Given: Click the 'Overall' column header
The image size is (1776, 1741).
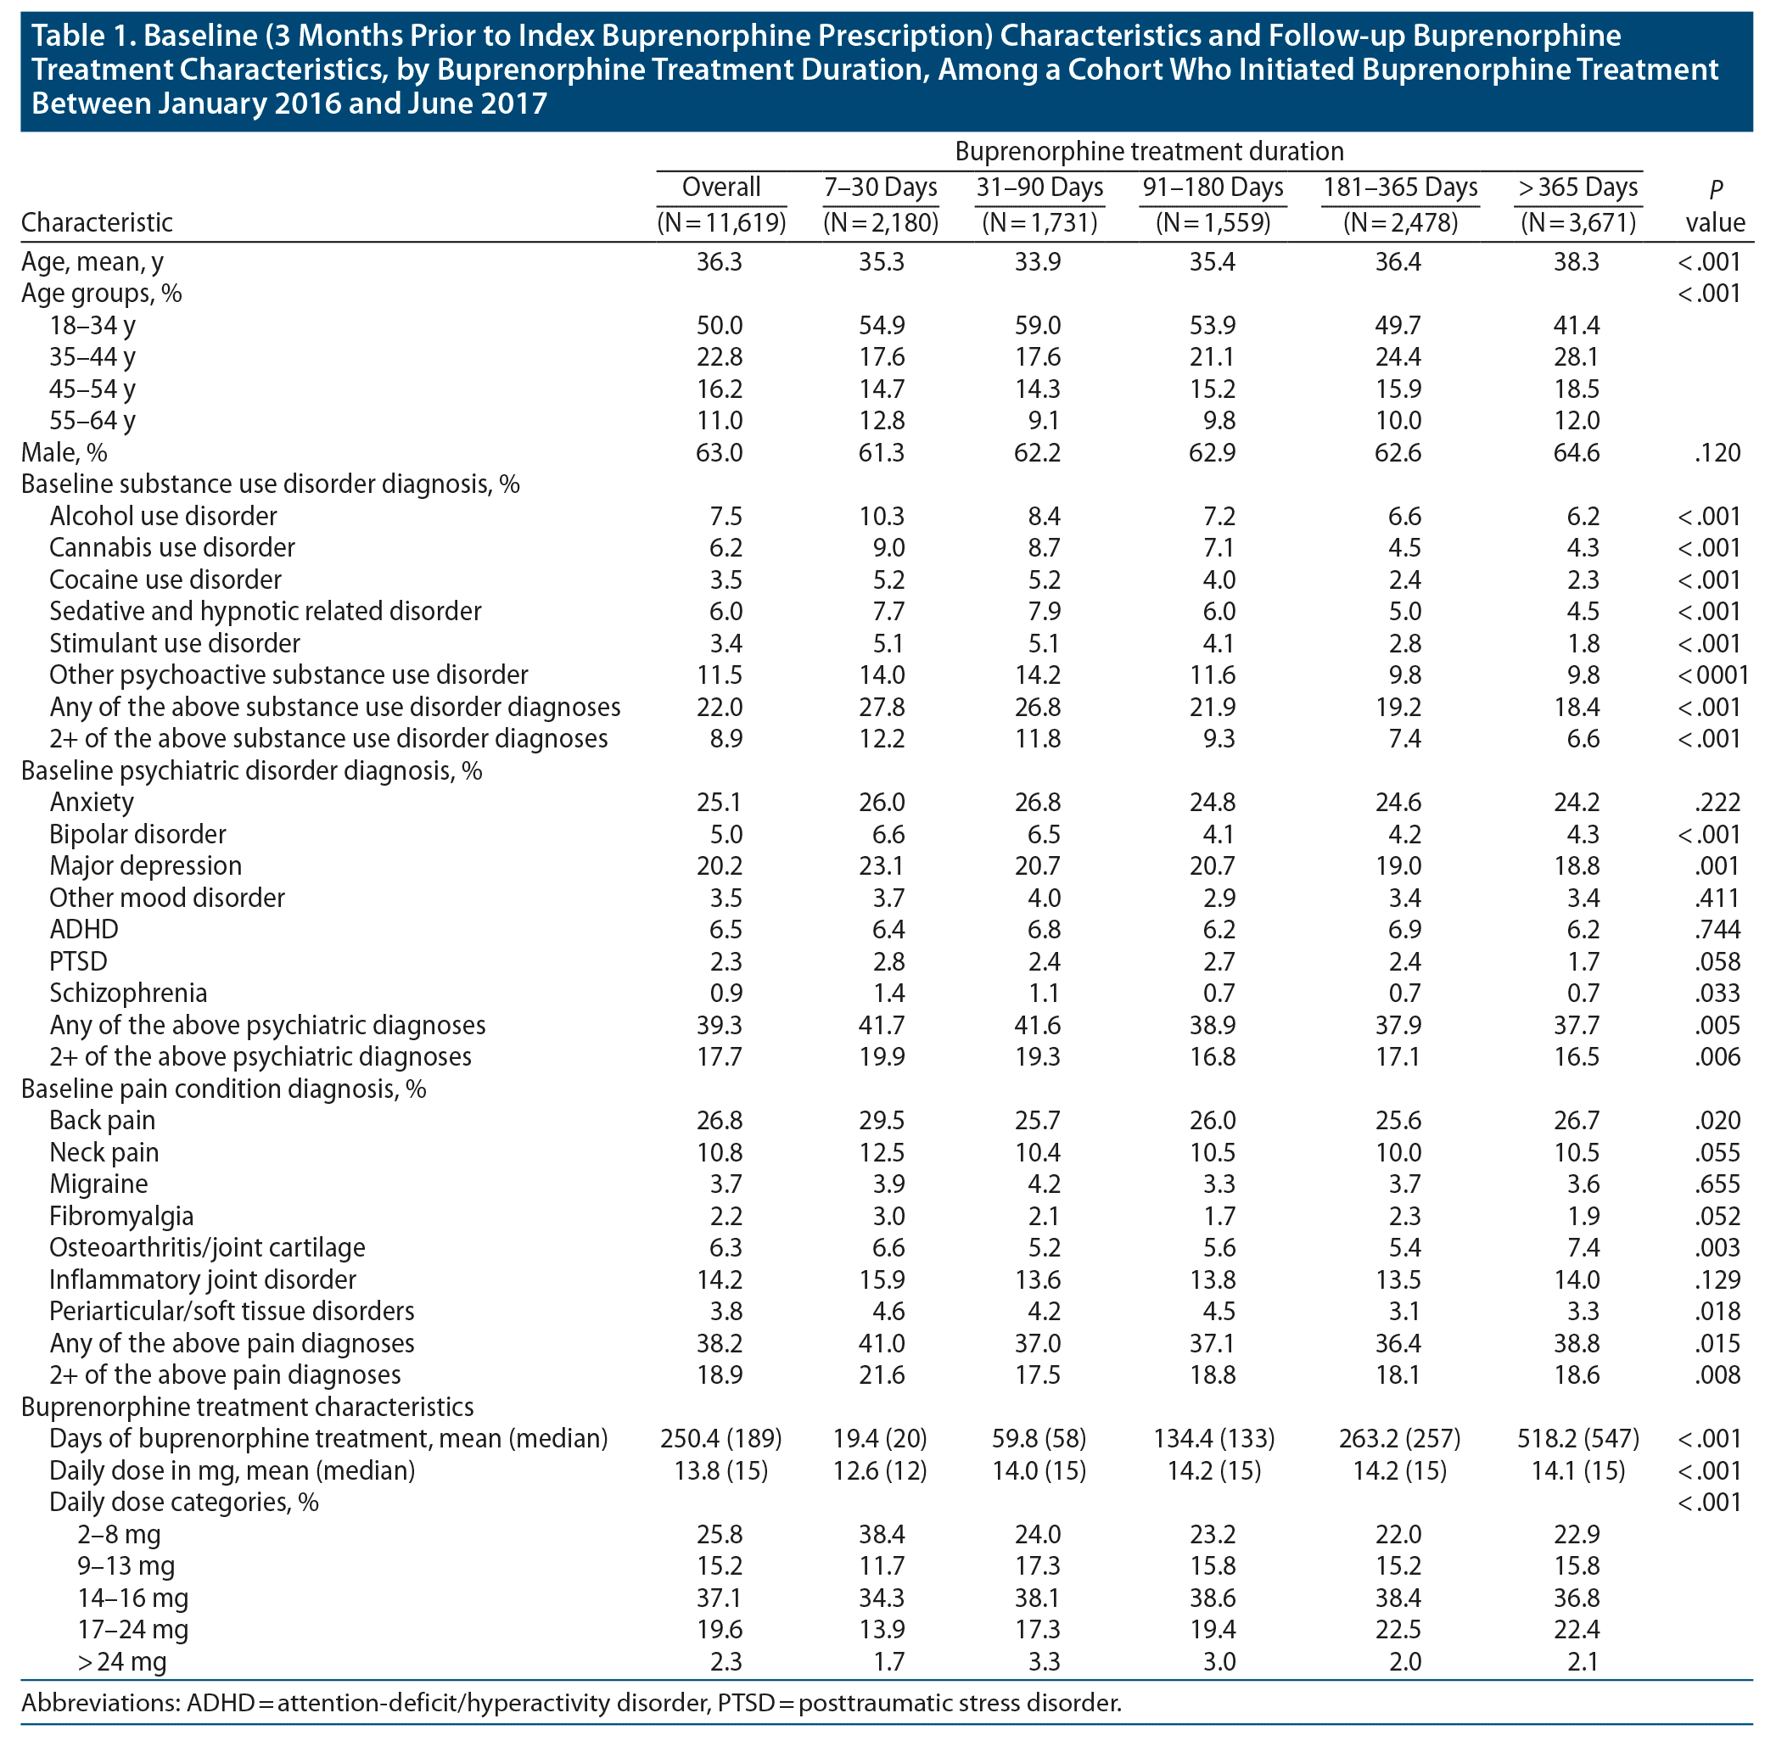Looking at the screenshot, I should pos(720,188).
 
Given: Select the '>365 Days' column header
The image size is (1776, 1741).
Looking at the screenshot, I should pos(1577,188).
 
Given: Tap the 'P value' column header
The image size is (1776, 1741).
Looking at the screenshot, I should pos(1715,205).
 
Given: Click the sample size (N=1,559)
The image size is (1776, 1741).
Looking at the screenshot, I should pos(1213,222).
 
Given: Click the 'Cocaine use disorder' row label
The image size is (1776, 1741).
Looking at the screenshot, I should pos(165,579).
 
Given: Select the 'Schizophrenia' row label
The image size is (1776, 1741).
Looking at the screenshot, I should pos(128,993).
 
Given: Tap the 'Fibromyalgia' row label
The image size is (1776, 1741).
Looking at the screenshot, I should pos(121,1216).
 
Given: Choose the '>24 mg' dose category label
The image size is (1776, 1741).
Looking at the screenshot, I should pos(121,1661).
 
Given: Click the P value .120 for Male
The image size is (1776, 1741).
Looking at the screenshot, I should pos(1717,452).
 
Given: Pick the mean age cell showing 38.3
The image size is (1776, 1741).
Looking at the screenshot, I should pos(1577,262).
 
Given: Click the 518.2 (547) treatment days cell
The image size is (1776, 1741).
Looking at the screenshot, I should pos(1577,1438).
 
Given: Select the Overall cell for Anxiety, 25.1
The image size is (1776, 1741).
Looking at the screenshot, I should pos(720,802).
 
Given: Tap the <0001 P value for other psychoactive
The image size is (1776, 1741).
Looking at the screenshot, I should pos(1713,675).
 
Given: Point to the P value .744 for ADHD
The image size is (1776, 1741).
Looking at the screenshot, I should pos(1717,929).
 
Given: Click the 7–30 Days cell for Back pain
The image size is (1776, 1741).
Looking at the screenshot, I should pos(882,1120).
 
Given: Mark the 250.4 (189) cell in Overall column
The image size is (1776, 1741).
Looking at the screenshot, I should pos(720,1438).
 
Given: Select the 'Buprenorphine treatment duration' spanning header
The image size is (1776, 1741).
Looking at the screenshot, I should pos(1149,151).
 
